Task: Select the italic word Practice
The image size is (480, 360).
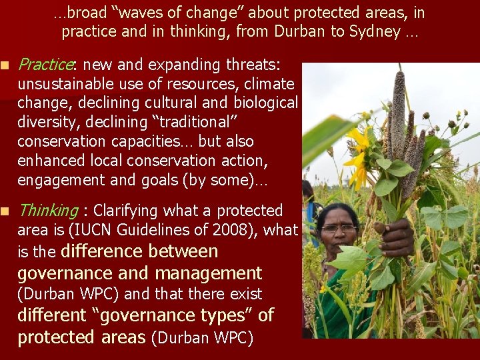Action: coord(45,65)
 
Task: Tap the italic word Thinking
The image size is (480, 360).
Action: coord(48,211)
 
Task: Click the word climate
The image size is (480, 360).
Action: coord(267,84)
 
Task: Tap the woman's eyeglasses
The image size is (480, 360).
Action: coord(339,228)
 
